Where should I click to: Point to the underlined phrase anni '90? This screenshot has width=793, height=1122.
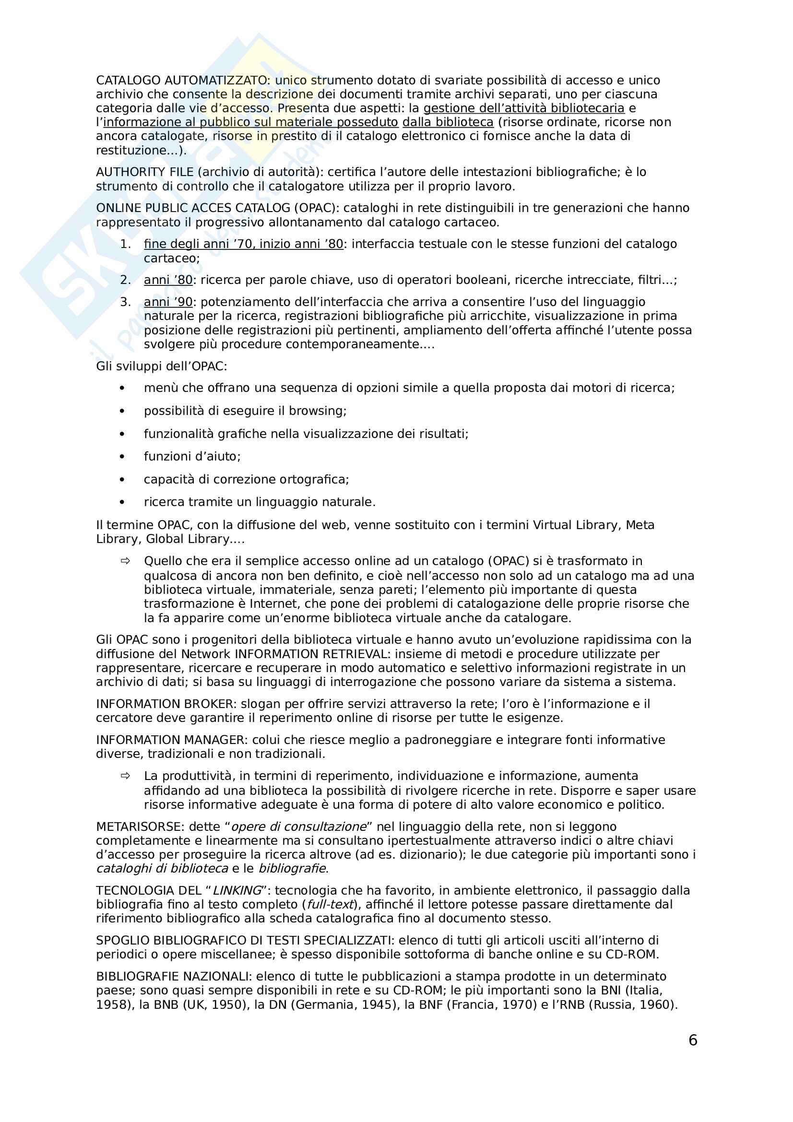(168, 302)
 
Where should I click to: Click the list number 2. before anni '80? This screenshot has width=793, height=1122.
(125, 280)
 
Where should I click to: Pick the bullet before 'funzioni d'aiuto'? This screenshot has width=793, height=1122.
(122, 457)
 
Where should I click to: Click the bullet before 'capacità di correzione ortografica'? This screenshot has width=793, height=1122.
(122, 480)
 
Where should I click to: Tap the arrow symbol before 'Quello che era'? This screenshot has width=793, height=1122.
(125, 561)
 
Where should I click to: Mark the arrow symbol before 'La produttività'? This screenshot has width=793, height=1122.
(125, 776)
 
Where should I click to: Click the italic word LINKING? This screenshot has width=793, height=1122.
(237, 891)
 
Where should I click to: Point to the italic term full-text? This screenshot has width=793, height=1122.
(330, 905)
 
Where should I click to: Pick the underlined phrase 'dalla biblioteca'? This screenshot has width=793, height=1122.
(448, 122)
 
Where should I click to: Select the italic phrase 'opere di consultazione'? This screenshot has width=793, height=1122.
(298, 827)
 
